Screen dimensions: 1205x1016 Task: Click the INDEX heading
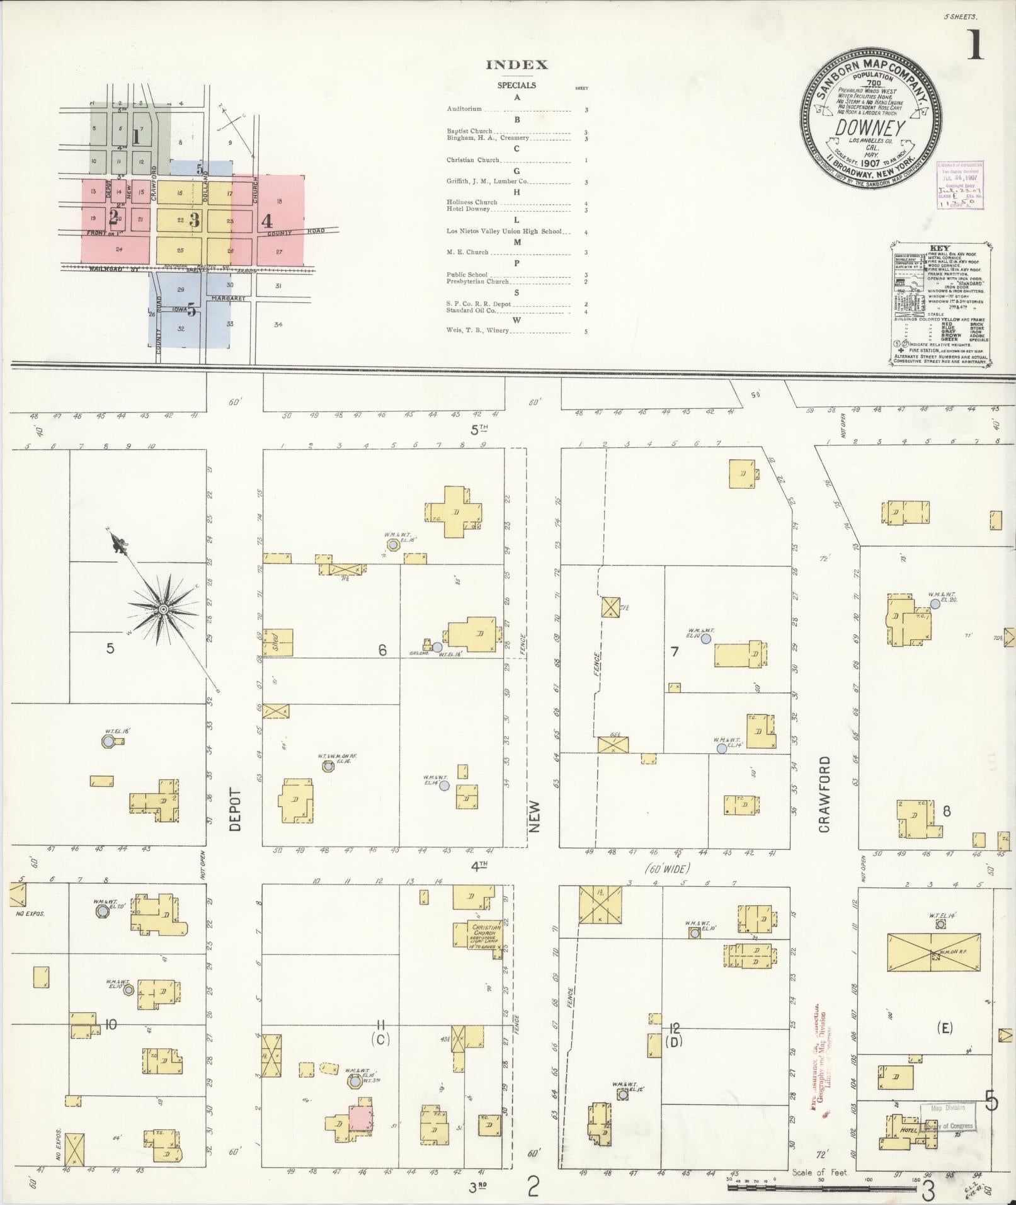[x=517, y=65]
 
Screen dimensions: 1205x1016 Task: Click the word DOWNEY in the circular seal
[x=870, y=128]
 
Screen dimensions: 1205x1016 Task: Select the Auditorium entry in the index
[x=464, y=109]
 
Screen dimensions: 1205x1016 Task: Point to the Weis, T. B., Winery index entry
[x=477, y=330]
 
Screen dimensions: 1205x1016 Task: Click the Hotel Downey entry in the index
[x=468, y=208]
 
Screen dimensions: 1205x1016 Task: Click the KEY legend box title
[x=939, y=248]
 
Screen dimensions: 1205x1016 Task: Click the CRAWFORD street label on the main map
[x=825, y=794]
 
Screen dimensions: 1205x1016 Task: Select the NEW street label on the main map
[x=535, y=817]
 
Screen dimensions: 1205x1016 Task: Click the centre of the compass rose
[x=163, y=609]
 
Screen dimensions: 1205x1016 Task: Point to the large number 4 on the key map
[x=267, y=221]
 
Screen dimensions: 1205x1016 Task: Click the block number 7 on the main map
[x=674, y=651]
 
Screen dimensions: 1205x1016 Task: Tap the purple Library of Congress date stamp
[x=959, y=184]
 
